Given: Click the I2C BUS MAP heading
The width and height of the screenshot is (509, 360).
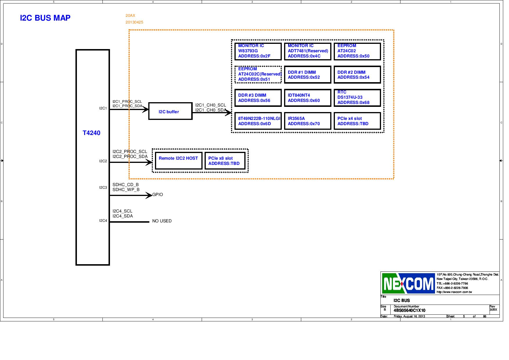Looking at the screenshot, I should pyautogui.click(x=45, y=18).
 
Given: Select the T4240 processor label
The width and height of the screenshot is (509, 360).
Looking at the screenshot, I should pyautogui.click(x=91, y=133).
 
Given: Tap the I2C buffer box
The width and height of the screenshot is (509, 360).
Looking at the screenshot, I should pyautogui.click(x=170, y=111).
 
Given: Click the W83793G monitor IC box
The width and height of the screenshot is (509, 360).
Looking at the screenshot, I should pyautogui.click(x=258, y=51).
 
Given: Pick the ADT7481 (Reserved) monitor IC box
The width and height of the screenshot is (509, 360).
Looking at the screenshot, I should pyautogui.click(x=308, y=51).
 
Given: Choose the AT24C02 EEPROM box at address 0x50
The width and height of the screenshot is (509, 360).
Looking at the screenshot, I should pyautogui.click(x=357, y=51).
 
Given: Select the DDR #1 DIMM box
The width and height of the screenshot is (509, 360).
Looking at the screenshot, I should pyautogui.click(x=308, y=75).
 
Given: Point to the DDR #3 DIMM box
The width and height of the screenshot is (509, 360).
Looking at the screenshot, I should pyautogui.click(x=258, y=98).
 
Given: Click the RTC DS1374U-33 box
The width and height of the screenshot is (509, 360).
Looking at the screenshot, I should pyautogui.click(x=357, y=98).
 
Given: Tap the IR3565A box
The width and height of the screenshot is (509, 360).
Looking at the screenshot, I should pyautogui.click(x=308, y=121).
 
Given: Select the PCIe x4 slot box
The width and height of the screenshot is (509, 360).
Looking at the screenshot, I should pyautogui.click(x=357, y=121).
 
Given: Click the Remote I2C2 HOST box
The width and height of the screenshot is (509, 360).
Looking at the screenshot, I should pyautogui.click(x=178, y=161).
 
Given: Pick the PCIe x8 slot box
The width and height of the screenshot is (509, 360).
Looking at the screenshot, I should pyautogui.click(x=225, y=161).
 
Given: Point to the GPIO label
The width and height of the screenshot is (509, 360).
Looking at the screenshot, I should pyautogui.click(x=158, y=195).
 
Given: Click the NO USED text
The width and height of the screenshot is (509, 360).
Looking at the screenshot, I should pyautogui.click(x=162, y=221).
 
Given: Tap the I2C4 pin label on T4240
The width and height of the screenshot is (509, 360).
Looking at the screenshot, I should pyautogui.click(x=103, y=221).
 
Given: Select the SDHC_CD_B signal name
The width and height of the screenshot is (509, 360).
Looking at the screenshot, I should pyautogui.click(x=126, y=185).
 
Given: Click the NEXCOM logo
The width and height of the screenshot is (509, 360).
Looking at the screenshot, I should pyautogui.click(x=408, y=283).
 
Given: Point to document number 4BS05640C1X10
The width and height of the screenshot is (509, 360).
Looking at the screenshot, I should pyautogui.click(x=409, y=310).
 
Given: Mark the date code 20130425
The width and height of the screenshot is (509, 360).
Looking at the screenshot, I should pyautogui.click(x=134, y=22).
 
